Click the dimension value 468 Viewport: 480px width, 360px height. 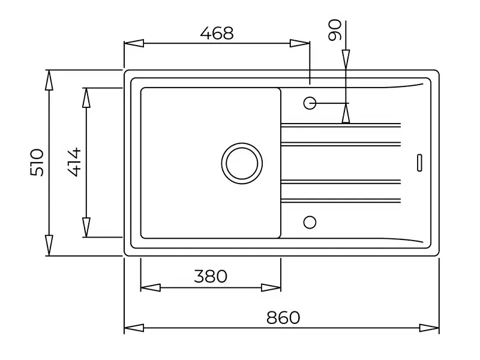tap(217, 34)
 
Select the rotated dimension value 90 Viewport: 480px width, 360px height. tap(335, 29)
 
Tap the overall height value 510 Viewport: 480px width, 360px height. tap(37, 163)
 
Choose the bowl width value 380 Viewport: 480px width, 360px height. tap(211, 276)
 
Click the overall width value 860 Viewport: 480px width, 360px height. tap(283, 317)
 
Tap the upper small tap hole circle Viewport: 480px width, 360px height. tap(310, 103)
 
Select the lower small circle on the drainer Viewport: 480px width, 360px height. tap(310, 222)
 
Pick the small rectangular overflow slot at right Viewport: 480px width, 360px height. tap(420, 163)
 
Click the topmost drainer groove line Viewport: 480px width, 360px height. tap(340, 125)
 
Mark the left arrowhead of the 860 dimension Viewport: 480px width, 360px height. tap(134, 328)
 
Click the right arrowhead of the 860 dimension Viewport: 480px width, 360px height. tap(430, 328)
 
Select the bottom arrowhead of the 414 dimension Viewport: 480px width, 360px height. tap(86, 227)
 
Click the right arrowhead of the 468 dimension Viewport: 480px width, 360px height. tap(300, 43)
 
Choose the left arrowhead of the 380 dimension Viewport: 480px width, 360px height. tap(150, 287)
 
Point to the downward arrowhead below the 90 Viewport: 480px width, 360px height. tap(346, 60)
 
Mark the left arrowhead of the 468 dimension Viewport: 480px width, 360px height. tap(134, 43)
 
